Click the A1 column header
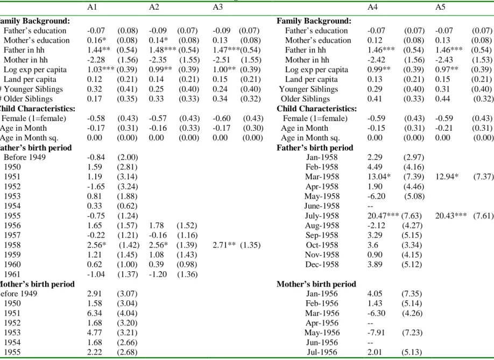point(92,7)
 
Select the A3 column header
point(218,7)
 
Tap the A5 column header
point(440,7)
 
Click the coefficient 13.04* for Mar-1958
point(379,177)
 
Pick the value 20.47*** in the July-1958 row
point(383,216)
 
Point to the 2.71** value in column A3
point(224,245)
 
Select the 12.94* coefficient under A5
point(447,177)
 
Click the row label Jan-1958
point(322,157)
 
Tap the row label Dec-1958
point(322,264)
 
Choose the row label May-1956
point(322,333)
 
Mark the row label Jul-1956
point(322,352)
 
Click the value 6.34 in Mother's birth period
point(95,313)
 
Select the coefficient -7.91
point(376,333)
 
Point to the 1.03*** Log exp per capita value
point(101,69)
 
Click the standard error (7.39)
point(414,177)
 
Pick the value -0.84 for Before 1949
point(96,157)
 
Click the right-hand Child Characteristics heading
point(316,109)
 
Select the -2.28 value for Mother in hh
point(96,60)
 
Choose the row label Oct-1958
point(322,245)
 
